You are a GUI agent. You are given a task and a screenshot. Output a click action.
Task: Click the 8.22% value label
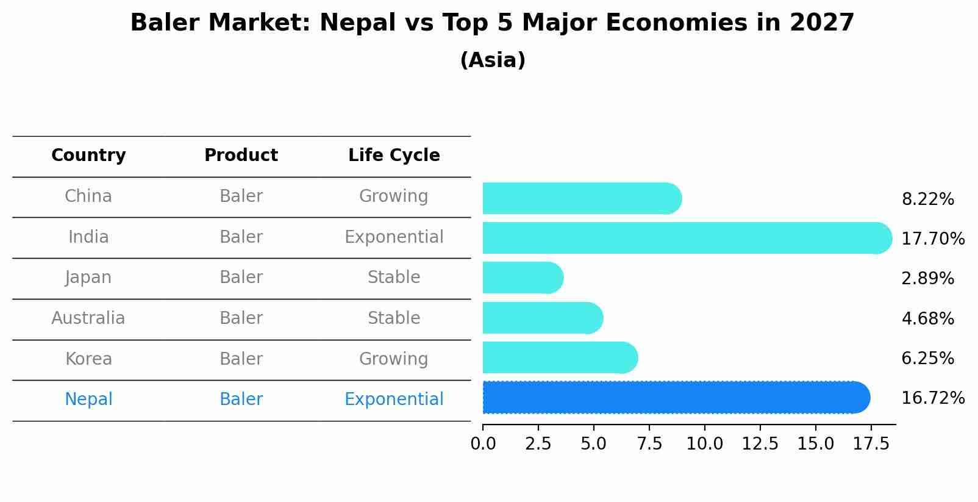click(927, 199)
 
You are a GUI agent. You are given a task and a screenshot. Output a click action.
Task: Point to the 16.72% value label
click(932, 398)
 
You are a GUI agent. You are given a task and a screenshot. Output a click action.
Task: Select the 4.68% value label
click(927, 318)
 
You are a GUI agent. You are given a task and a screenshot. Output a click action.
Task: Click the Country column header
click(88, 156)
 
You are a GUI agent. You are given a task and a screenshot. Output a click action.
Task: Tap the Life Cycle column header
click(394, 156)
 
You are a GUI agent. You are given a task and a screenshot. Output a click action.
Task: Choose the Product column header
click(241, 156)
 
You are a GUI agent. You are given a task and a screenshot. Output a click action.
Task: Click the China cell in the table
click(88, 196)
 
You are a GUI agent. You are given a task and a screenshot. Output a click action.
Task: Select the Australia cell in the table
click(88, 318)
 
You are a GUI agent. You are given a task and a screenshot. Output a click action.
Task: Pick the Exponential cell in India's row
click(394, 237)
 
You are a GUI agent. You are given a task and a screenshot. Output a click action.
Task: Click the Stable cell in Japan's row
click(394, 278)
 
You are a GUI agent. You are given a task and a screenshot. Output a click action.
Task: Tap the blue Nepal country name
click(88, 400)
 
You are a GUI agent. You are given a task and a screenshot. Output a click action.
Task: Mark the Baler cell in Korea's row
click(241, 359)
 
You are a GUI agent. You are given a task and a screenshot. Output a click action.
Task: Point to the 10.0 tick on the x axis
click(705, 444)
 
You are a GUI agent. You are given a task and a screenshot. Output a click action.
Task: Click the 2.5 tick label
click(538, 444)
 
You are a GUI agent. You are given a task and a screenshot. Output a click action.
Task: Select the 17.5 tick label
click(871, 444)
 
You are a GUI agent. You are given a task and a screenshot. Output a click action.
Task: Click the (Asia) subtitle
click(493, 60)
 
